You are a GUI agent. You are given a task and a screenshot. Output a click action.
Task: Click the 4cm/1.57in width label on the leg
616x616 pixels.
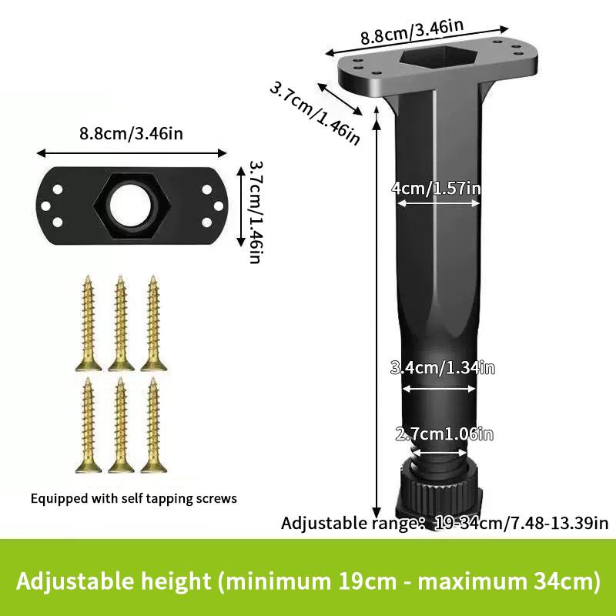coord(436,188)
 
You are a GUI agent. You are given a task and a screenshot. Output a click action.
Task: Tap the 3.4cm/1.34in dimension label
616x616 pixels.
coord(442,368)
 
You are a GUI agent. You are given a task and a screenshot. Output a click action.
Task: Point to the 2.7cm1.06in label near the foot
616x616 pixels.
coord(444,434)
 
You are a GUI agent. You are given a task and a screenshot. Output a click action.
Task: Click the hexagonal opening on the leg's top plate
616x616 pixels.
coord(438,57)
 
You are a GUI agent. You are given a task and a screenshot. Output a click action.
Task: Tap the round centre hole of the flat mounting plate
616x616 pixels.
coord(130,206)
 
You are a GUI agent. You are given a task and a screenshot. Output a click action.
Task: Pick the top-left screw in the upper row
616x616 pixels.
coord(89,323)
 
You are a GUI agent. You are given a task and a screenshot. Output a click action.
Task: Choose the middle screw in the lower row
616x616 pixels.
coord(121,425)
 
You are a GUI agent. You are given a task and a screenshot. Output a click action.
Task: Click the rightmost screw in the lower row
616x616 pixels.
coord(153,425)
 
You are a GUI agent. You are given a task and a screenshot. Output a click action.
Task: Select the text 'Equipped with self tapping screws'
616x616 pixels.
coord(133,498)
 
